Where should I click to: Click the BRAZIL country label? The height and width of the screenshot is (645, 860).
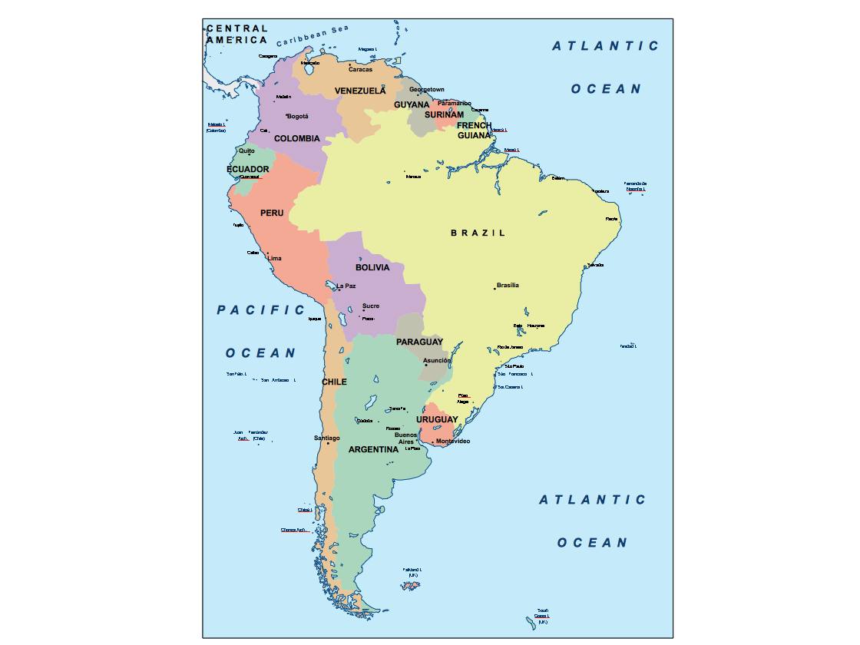pos(478,233)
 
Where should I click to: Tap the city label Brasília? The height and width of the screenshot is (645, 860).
pos(508,285)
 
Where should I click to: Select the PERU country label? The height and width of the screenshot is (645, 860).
pos(272,213)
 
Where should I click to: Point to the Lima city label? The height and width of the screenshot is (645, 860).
pos(274,259)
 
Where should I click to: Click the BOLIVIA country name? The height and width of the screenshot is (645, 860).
pos(372,268)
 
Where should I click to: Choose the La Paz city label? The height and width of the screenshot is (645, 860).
pos(346,286)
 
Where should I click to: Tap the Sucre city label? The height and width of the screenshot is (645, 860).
pos(371,306)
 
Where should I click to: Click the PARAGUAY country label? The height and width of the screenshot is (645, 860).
pos(419,342)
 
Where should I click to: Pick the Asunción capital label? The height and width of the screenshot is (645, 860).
pos(437,360)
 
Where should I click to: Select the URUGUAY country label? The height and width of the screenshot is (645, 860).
pos(437,419)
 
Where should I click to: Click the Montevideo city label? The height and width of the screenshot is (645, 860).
pos(453,441)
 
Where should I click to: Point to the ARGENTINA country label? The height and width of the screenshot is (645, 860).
pos(373,450)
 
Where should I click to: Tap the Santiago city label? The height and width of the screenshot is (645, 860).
pos(327,438)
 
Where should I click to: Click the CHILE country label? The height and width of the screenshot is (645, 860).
pos(334,382)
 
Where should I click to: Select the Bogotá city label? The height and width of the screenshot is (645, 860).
pos(297,117)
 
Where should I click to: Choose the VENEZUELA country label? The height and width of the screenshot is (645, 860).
pos(360,91)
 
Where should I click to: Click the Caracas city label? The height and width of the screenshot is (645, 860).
pos(360,69)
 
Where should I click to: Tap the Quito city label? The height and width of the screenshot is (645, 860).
pos(246,150)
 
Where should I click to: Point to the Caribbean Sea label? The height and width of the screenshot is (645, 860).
pos(313,35)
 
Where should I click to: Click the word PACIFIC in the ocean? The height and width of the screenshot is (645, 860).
pos(261,310)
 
